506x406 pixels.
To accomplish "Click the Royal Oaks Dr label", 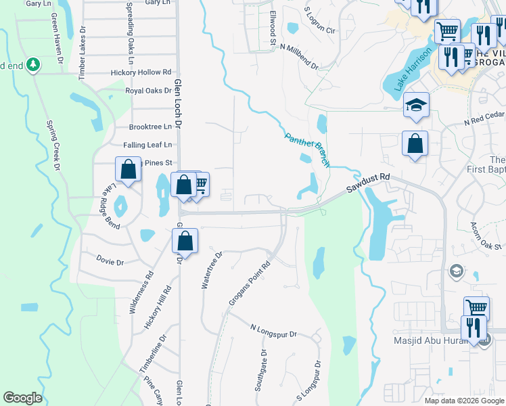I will point(148,90).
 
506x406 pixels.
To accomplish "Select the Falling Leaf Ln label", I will point(147,145).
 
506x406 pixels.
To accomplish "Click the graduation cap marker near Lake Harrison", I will point(416,105).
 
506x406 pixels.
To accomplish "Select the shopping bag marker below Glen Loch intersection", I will point(185,241).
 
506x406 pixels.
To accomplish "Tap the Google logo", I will point(22,398).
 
